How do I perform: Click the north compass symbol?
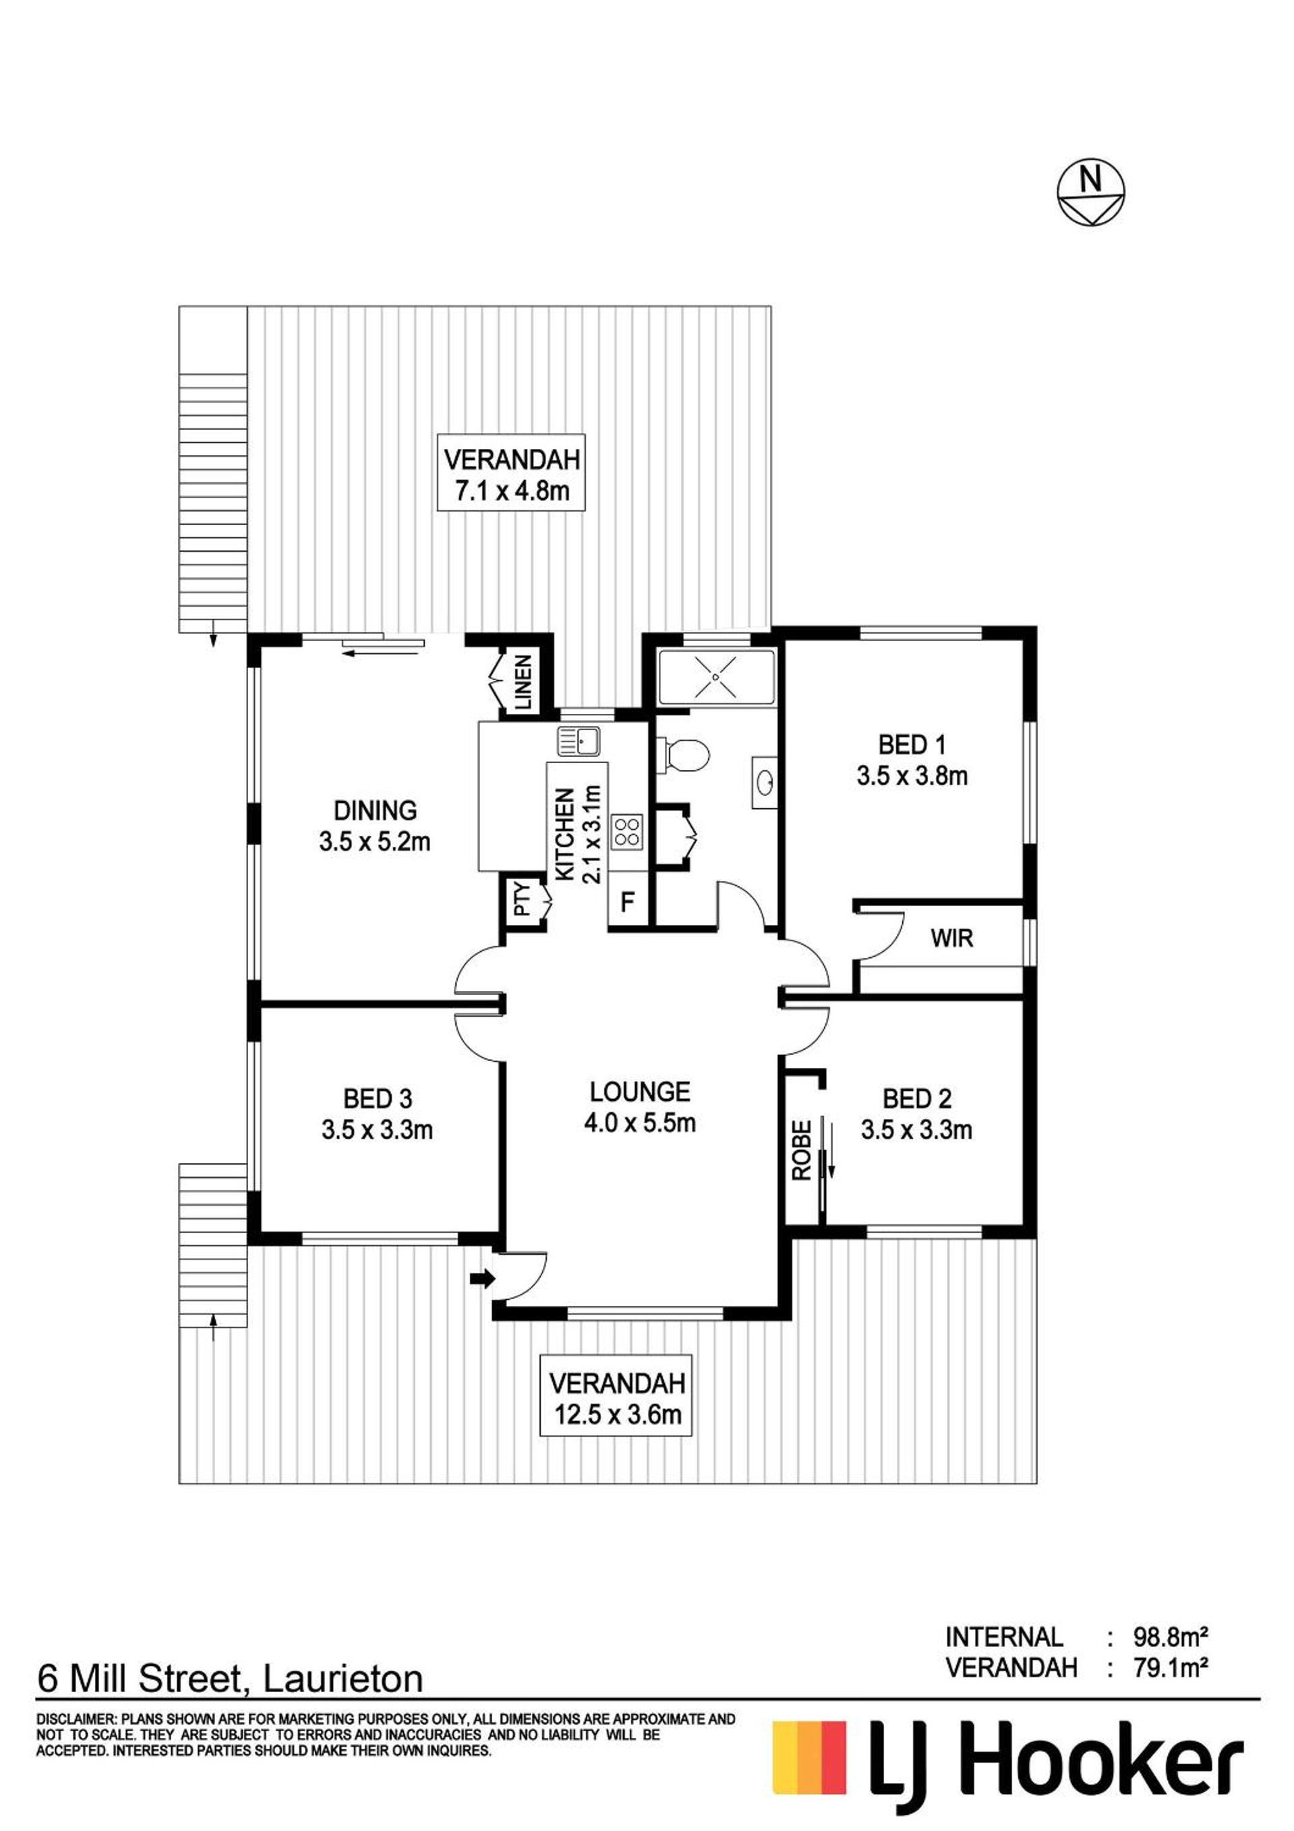tap(1090, 195)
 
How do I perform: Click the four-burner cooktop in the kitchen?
tap(627, 832)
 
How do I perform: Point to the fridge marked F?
tap(628, 903)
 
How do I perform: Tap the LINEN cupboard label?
tap(523, 684)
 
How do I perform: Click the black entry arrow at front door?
tap(483, 1279)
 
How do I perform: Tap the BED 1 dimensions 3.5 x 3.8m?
tap(912, 776)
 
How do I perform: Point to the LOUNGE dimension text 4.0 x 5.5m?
tap(640, 1124)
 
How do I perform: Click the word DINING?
tap(375, 810)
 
